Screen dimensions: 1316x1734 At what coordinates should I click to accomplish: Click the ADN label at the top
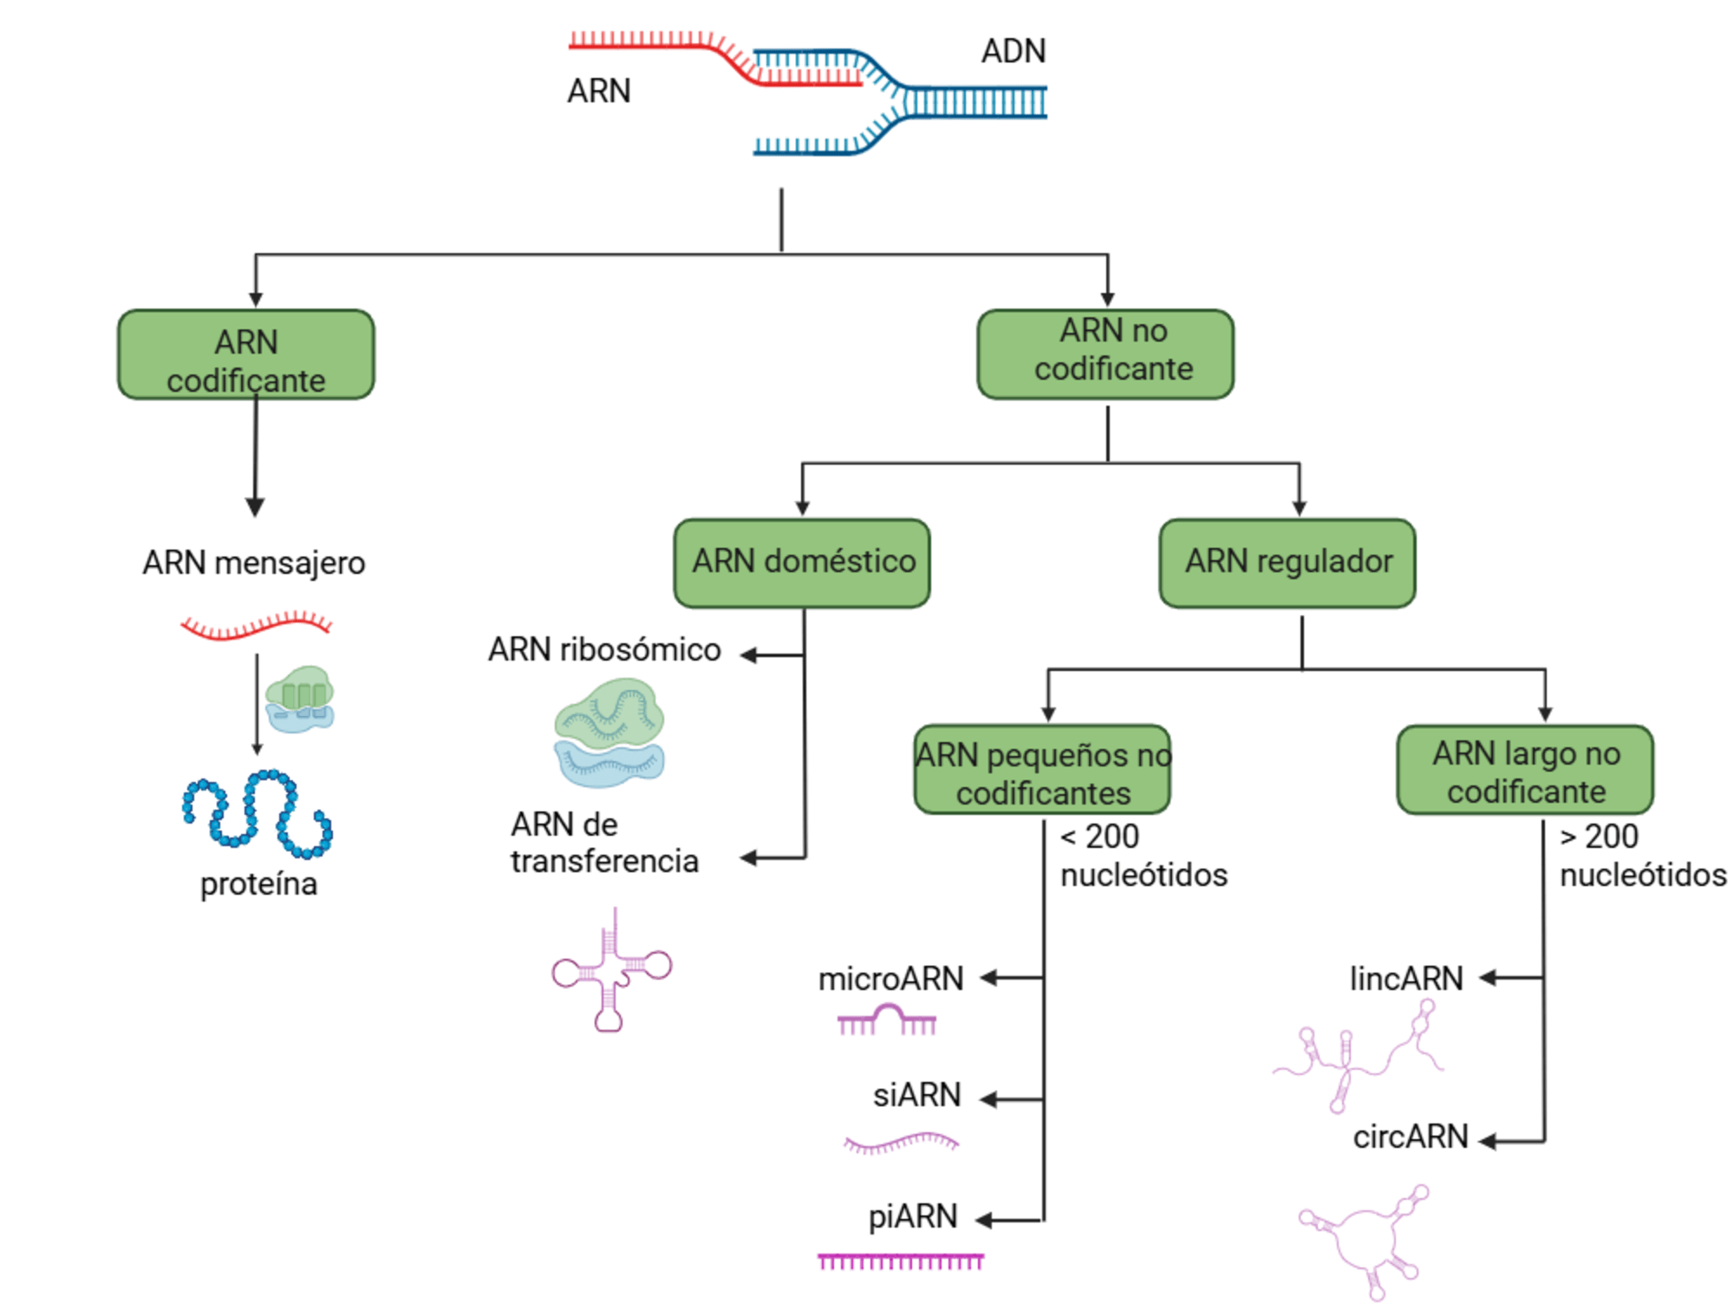(1013, 51)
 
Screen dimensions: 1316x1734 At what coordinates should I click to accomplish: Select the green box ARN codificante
(246, 355)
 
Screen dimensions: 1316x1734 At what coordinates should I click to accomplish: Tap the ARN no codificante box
(1105, 355)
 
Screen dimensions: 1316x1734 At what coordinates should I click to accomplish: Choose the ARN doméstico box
(802, 563)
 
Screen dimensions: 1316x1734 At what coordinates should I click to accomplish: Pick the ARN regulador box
(1287, 563)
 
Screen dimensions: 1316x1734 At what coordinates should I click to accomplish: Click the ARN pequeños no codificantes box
(1042, 770)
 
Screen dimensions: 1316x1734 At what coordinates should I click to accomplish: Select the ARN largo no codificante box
(1525, 770)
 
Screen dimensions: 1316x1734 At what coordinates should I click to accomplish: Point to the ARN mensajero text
(254, 563)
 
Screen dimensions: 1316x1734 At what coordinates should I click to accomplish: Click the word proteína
(258, 883)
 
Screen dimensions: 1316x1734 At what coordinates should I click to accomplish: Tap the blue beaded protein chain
(257, 813)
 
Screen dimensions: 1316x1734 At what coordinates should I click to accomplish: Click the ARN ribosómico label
(604, 649)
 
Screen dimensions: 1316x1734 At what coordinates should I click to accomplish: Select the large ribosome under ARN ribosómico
(609, 733)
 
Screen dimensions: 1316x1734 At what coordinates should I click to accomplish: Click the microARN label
(890, 979)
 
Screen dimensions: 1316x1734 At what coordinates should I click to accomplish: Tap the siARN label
(916, 1095)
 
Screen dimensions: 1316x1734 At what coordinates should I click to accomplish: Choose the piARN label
(912, 1216)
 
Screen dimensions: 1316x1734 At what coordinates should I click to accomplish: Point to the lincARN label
(1405, 979)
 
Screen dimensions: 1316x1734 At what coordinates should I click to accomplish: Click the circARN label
(1410, 1137)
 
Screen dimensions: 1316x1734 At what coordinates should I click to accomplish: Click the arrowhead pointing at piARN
(984, 1221)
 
